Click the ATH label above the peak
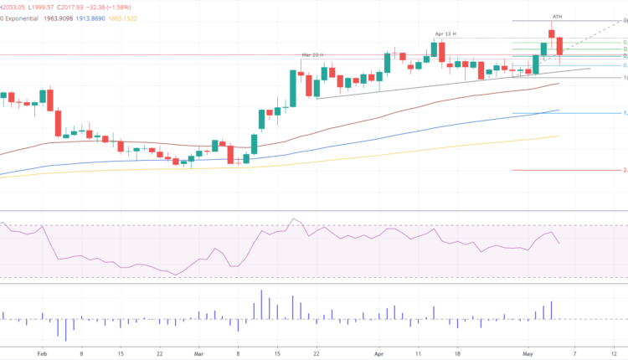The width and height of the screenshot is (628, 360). pos(556,16)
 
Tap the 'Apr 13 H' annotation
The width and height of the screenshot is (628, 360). pos(445,33)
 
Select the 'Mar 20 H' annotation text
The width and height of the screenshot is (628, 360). pos(312,54)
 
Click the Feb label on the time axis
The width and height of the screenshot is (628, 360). pos(43,353)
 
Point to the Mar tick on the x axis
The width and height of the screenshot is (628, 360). pos(198,353)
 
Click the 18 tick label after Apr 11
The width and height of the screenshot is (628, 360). pos(456,353)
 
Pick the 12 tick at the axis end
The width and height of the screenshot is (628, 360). pos(615,353)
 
